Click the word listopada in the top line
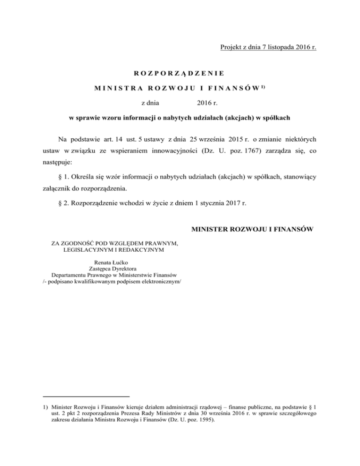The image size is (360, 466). click(272, 47)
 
